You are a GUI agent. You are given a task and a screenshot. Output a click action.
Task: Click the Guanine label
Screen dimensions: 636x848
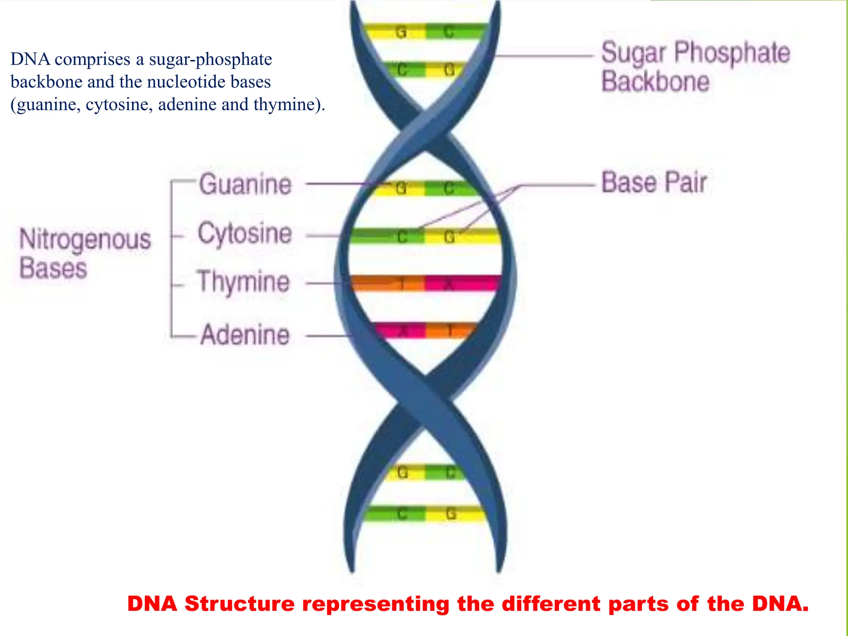click(245, 185)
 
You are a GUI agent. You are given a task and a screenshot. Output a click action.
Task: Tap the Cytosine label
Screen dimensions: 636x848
click(245, 234)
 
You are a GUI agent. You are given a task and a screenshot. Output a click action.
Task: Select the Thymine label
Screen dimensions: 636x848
click(243, 282)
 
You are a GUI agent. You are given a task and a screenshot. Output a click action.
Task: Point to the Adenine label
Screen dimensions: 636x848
click(245, 335)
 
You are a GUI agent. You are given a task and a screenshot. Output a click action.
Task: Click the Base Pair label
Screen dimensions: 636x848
click(654, 183)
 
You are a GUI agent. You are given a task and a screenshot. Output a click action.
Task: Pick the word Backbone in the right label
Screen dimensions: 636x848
click(655, 81)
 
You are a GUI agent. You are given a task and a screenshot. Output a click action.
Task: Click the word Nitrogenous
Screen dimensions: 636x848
click(85, 240)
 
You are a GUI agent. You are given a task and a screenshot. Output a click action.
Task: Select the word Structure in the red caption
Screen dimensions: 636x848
click(239, 604)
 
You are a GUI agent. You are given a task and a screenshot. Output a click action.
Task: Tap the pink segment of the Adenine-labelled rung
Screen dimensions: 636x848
click(400, 330)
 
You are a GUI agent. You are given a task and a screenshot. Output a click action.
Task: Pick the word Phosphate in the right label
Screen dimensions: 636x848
click(732, 53)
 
